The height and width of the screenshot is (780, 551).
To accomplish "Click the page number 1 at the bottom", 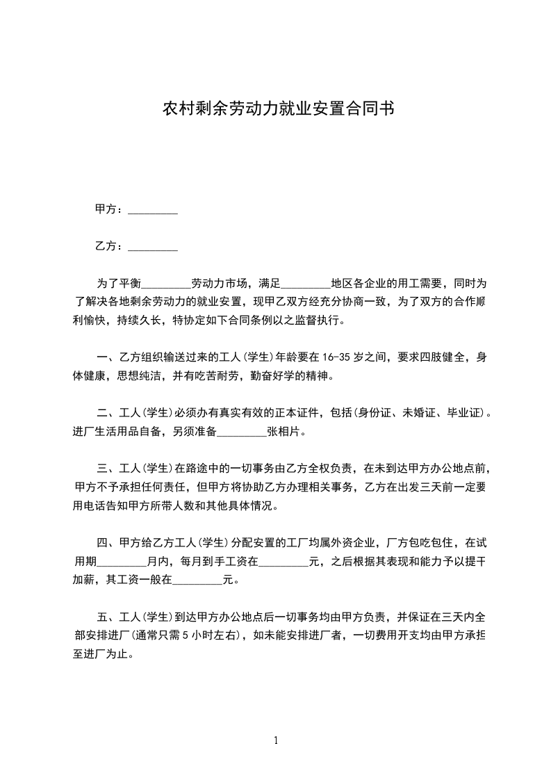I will click(276, 740).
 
